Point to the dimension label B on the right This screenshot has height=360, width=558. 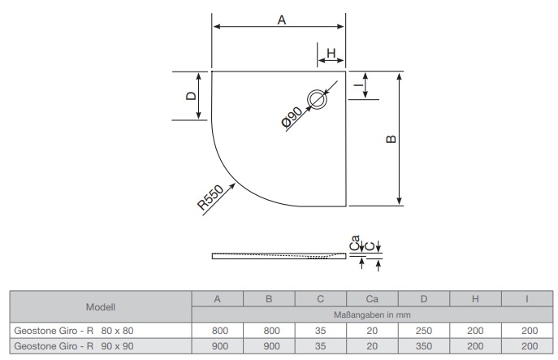pyautogui.click(x=391, y=139)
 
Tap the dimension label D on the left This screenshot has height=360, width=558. pyautogui.click(x=191, y=96)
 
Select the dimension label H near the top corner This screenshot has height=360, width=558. pyautogui.click(x=331, y=54)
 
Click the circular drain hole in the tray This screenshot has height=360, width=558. pyautogui.click(x=315, y=100)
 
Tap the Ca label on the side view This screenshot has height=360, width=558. pyautogui.click(x=354, y=242)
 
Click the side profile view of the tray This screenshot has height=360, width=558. pyautogui.click(x=276, y=256)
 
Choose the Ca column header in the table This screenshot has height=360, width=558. pyautogui.click(x=373, y=300)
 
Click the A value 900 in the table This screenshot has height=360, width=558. pyautogui.click(x=217, y=345)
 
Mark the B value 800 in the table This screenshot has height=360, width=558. pyautogui.click(x=269, y=330)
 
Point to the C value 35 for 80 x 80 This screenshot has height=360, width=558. pyautogui.click(x=321, y=330)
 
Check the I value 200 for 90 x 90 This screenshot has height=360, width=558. pyautogui.click(x=528, y=345)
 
